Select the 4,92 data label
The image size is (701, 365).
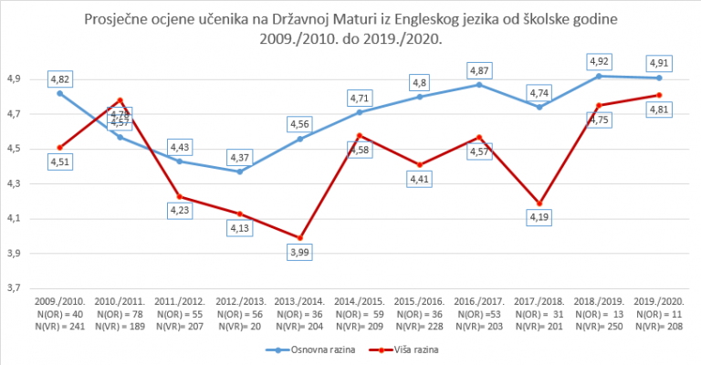click(x=598, y=61)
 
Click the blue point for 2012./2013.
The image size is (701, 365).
click(x=240, y=172)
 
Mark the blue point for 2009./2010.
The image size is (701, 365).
click(x=60, y=93)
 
